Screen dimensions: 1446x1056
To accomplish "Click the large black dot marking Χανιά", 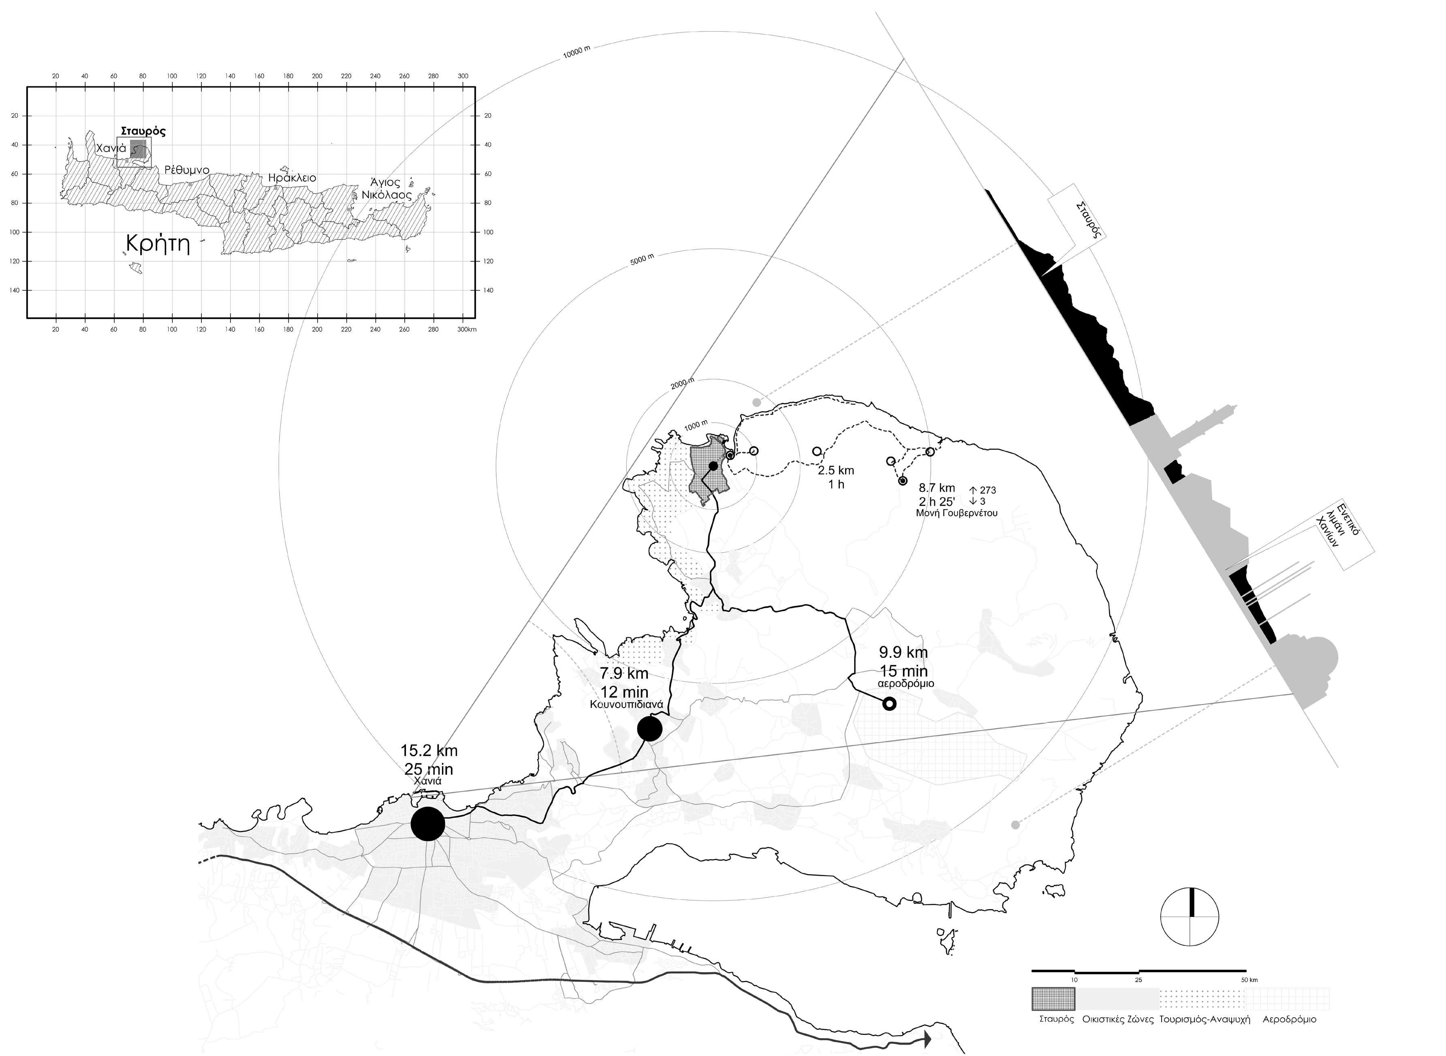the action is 427,824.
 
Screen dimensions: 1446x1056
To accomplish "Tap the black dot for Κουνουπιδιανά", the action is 649,729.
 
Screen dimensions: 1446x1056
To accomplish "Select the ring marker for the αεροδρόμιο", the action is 889,704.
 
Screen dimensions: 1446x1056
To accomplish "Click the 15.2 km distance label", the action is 429,750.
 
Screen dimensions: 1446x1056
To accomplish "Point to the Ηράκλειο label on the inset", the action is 292,178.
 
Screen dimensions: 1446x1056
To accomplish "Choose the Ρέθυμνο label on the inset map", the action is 187,170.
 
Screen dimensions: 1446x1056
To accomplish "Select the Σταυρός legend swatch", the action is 1053,998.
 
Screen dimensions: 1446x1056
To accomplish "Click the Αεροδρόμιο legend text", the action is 1289,1019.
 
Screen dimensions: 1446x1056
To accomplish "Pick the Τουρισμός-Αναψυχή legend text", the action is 1204,1019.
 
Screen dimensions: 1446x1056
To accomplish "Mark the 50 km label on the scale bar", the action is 1249,980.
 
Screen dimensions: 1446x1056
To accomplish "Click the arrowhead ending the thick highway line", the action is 927,1039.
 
